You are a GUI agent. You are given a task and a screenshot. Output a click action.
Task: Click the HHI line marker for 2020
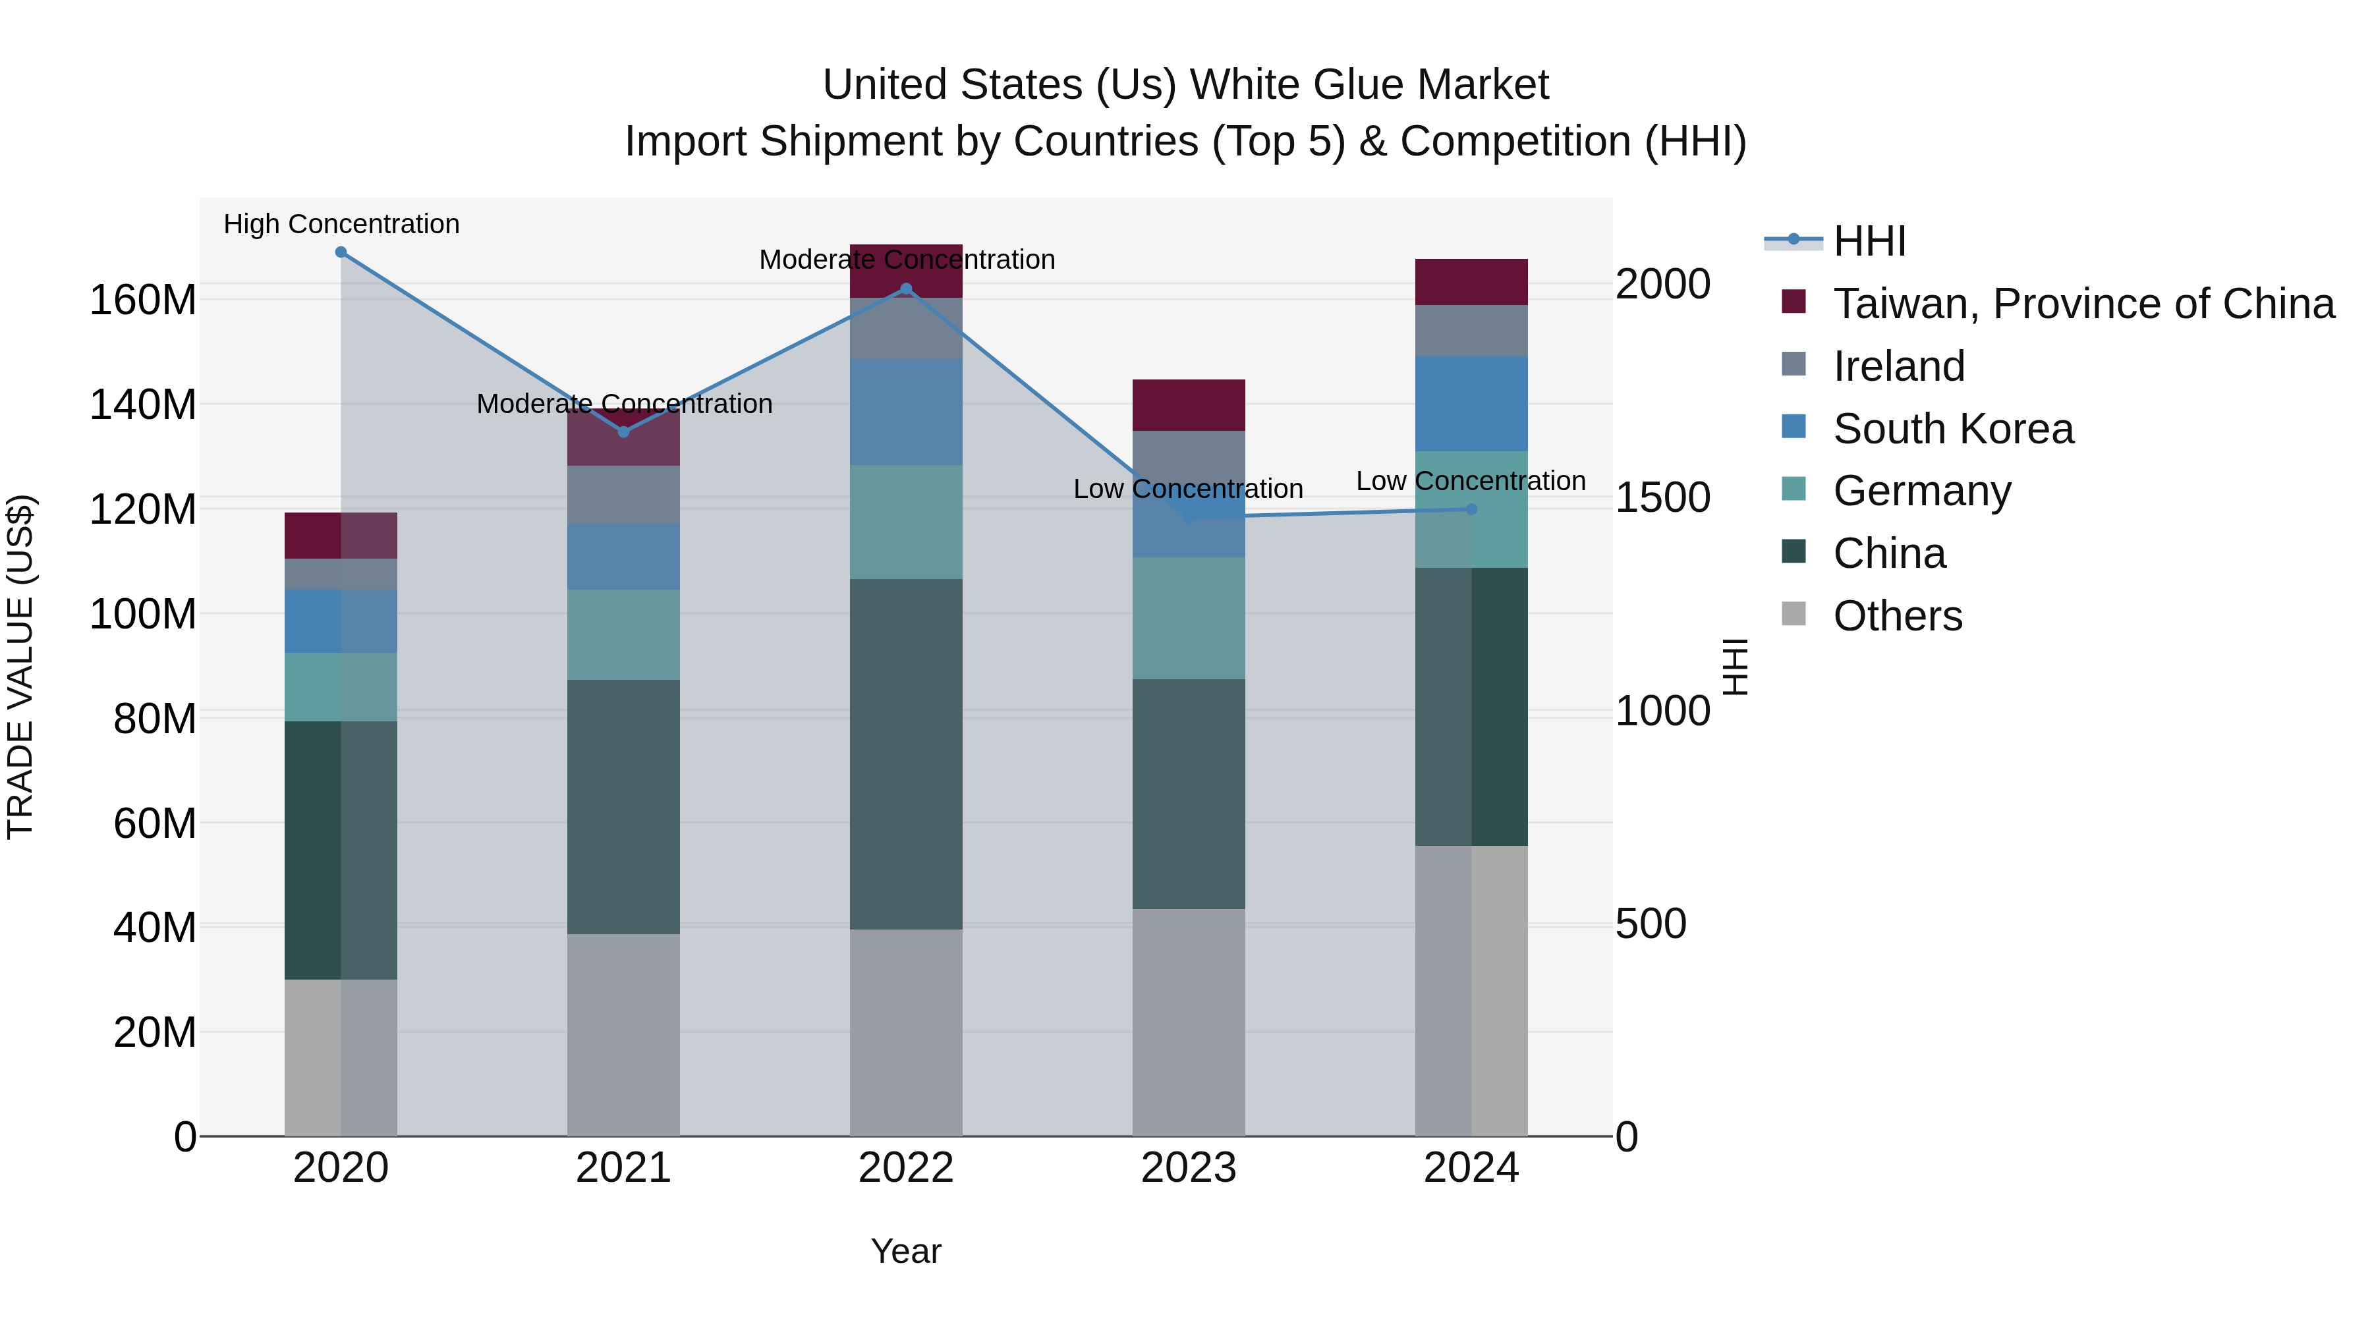point(341,252)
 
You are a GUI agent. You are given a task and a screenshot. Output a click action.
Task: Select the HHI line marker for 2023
point(1189,517)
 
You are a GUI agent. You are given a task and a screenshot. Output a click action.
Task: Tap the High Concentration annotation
point(341,224)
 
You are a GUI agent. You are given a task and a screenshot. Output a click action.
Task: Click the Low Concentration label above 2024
point(1471,481)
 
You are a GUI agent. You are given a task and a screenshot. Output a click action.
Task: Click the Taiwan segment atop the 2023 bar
point(1188,404)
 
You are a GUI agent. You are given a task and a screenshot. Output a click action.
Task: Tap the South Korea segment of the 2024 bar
point(1471,403)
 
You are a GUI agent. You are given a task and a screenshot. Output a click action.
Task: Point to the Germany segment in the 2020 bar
point(341,687)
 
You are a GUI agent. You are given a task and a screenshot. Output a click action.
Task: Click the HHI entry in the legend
point(1869,241)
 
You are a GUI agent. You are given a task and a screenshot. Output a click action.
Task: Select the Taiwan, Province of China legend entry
point(2083,304)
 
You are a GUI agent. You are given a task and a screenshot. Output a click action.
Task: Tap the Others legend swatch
point(1793,613)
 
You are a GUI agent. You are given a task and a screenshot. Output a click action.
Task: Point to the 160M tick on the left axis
point(143,300)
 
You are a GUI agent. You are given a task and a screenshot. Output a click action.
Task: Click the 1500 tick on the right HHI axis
point(1663,497)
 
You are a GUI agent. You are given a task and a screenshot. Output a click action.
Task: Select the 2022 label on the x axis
point(905,1168)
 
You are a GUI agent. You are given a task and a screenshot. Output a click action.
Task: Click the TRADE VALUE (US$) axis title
point(20,667)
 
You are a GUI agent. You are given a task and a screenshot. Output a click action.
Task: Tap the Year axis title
point(905,1251)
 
